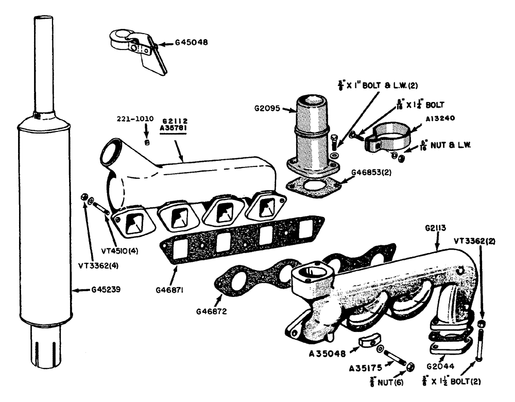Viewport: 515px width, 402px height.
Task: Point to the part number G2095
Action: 268,109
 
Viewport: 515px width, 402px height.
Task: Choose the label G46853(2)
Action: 370,173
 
